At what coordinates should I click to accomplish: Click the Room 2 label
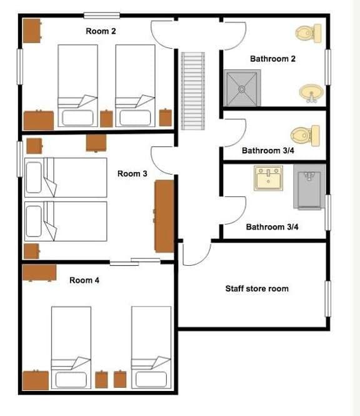(101, 31)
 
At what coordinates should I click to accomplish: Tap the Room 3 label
(132, 174)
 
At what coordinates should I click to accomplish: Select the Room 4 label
(84, 280)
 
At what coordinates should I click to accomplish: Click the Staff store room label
(257, 288)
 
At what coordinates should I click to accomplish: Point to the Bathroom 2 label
(272, 59)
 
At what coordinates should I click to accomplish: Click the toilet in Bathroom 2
(309, 33)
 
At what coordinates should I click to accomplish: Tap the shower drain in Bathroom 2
(242, 89)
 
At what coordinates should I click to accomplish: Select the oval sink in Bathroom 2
(311, 93)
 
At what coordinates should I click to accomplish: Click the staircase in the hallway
(193, 91)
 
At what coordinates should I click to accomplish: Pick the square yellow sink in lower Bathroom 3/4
(268, 178)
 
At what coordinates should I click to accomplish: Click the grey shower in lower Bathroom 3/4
(309, 187)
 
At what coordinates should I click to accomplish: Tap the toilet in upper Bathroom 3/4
(305, 136)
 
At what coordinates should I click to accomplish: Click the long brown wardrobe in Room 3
(164, 216)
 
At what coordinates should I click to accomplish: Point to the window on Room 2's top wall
(102, 16)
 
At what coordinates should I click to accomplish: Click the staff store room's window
(328, 299)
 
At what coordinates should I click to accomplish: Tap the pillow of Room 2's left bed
(77, 118)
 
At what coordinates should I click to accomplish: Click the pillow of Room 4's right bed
(151, 380)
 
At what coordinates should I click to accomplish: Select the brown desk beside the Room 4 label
(39, 273)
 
